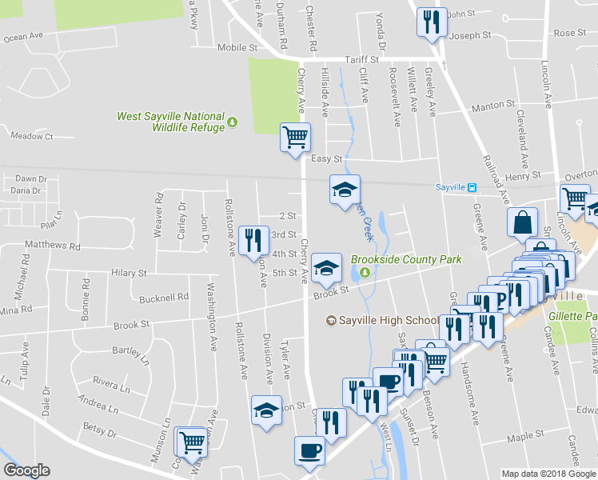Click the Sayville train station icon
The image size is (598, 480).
click(x=472, y=188)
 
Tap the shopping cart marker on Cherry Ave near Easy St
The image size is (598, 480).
click(x=295, y=137)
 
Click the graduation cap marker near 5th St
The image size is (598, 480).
click(x=326, y=269)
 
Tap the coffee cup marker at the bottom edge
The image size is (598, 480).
click(x=309, y=450)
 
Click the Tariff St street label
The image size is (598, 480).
click(x=361, y=59)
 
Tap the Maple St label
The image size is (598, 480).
click(x=524, y=438)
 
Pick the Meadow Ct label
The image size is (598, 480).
click(x=32, y=136)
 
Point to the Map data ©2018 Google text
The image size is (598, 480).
click(x=548, y=474)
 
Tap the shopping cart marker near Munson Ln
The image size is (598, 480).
click(x=191, y=441)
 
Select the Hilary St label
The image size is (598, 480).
click(x=130, y=273)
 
